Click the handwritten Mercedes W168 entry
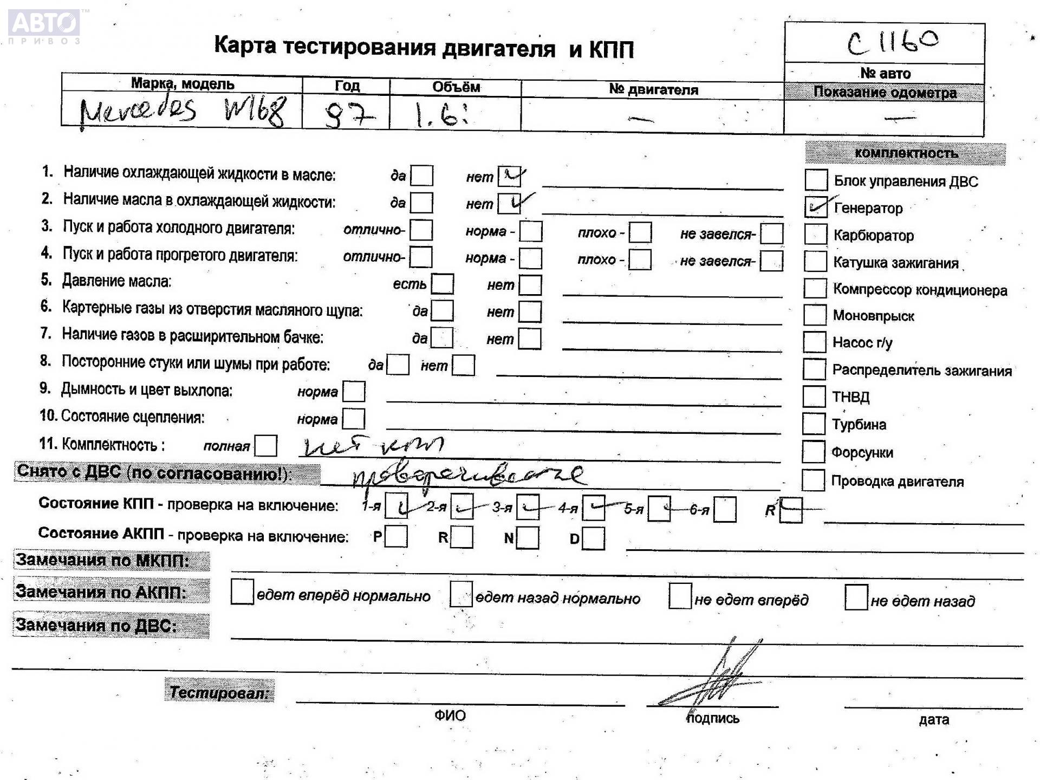pyautogui.click(x=182, y=112)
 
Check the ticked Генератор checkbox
pyautogui.click(x=816, y=207)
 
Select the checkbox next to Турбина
pyautogui.click(x=814, y=424)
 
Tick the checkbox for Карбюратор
pyautogui.click(x=816, y=234)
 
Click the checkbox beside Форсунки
pyautogui.click(x=813, y=452)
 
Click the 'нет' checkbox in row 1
pyautogui.click(x=509, y=176)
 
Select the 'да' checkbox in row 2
pyautogui.click(x=421, y=203)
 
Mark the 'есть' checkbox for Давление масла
pyautogui.click(x=443, y=284)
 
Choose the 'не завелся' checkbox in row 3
pyautogui.click(x=771, y=233)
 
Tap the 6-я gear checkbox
pyautogui.click(x=725, y=509)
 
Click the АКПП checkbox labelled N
pyautogui.click(x=528, y=538)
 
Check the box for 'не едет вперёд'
pyautogui.click(x=680, y=596)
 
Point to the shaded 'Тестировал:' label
pyautogui.click(x=219, y=692)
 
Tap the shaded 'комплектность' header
pyautogui.click(x=906, y=153)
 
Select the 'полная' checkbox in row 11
pyautogui.click(x=265, y=446)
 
